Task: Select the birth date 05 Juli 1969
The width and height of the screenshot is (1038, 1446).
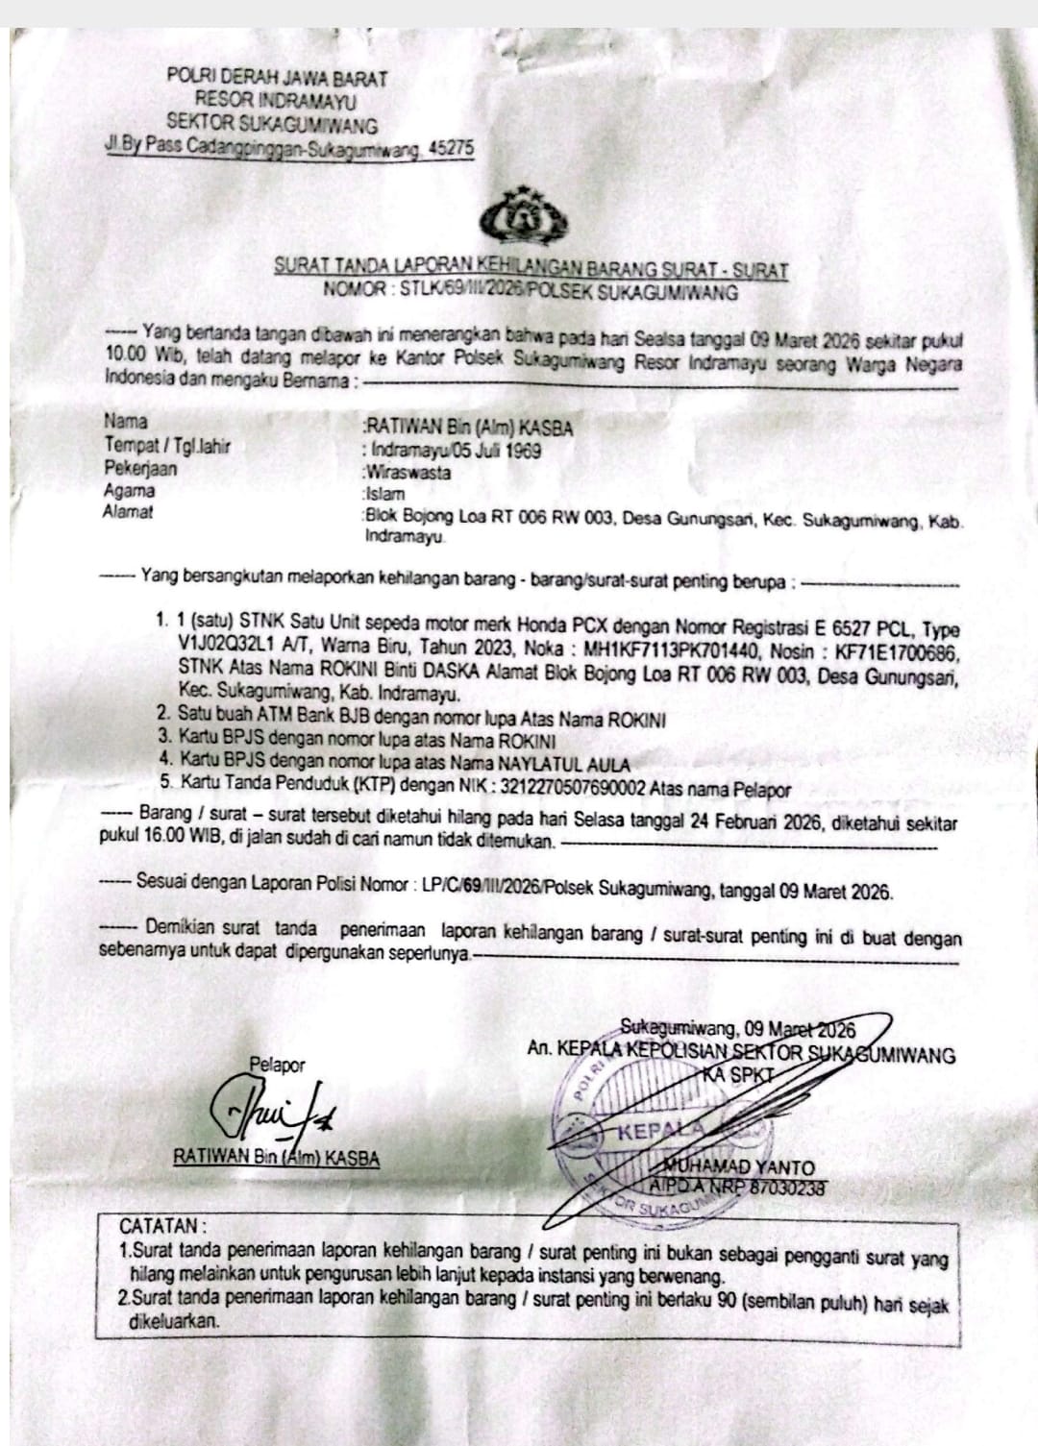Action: coord(500,449)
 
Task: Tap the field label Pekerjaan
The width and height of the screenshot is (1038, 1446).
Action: coord(140,469)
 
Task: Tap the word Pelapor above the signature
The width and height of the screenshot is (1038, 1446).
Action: coord(277,1065)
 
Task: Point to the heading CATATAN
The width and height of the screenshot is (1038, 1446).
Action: coord(161,1227)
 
